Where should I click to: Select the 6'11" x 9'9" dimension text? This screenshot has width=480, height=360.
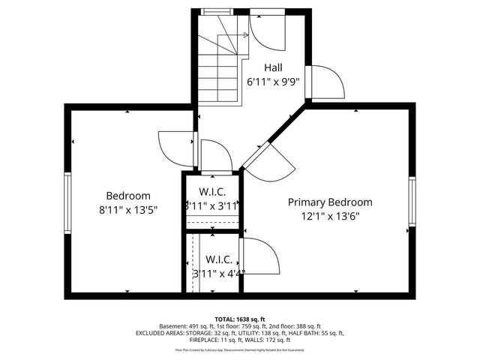point(274,82)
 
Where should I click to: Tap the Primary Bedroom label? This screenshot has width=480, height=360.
point(330,202)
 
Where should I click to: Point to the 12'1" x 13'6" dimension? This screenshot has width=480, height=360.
point(330,217)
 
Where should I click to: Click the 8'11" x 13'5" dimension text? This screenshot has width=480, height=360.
point(127,210)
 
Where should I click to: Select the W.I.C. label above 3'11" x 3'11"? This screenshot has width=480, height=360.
point(212,190)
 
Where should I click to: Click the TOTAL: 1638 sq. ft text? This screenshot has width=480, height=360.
point(240,319)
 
